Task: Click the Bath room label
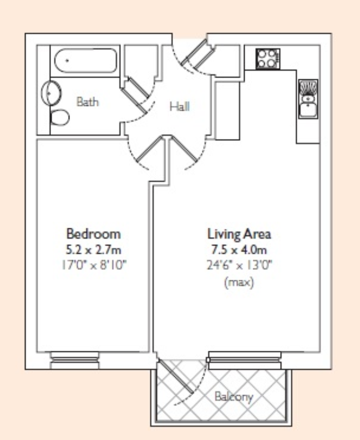coord(87,102)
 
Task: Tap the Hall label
coord(179,106)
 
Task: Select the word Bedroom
coord(93,233)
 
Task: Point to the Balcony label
coord(234,397)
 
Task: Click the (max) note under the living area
coord(239,283)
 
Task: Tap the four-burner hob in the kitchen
coord(267,58)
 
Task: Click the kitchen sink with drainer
coord(308,99)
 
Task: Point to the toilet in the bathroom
coord(58,117)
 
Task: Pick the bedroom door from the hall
coord(149,152)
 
